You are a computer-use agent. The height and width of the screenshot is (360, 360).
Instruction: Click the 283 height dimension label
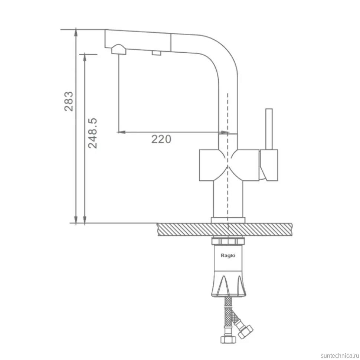(69, 101)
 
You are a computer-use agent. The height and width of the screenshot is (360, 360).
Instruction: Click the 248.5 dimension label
(93, 133)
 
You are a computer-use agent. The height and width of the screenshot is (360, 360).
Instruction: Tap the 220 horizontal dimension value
(161, 139)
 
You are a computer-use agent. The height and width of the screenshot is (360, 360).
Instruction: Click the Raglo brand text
(228, 256)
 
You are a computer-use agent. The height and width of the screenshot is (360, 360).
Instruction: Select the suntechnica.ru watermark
(340, 356)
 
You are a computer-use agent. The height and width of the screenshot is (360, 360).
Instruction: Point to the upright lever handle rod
(269, 129)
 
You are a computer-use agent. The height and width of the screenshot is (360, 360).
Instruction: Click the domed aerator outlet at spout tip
(119, 49)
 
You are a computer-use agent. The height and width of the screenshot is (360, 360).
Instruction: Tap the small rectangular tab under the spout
(156, 53)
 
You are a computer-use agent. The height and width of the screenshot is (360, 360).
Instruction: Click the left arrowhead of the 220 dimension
(121, 132)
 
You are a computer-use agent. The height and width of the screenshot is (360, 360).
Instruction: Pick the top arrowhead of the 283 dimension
(76, 32)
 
